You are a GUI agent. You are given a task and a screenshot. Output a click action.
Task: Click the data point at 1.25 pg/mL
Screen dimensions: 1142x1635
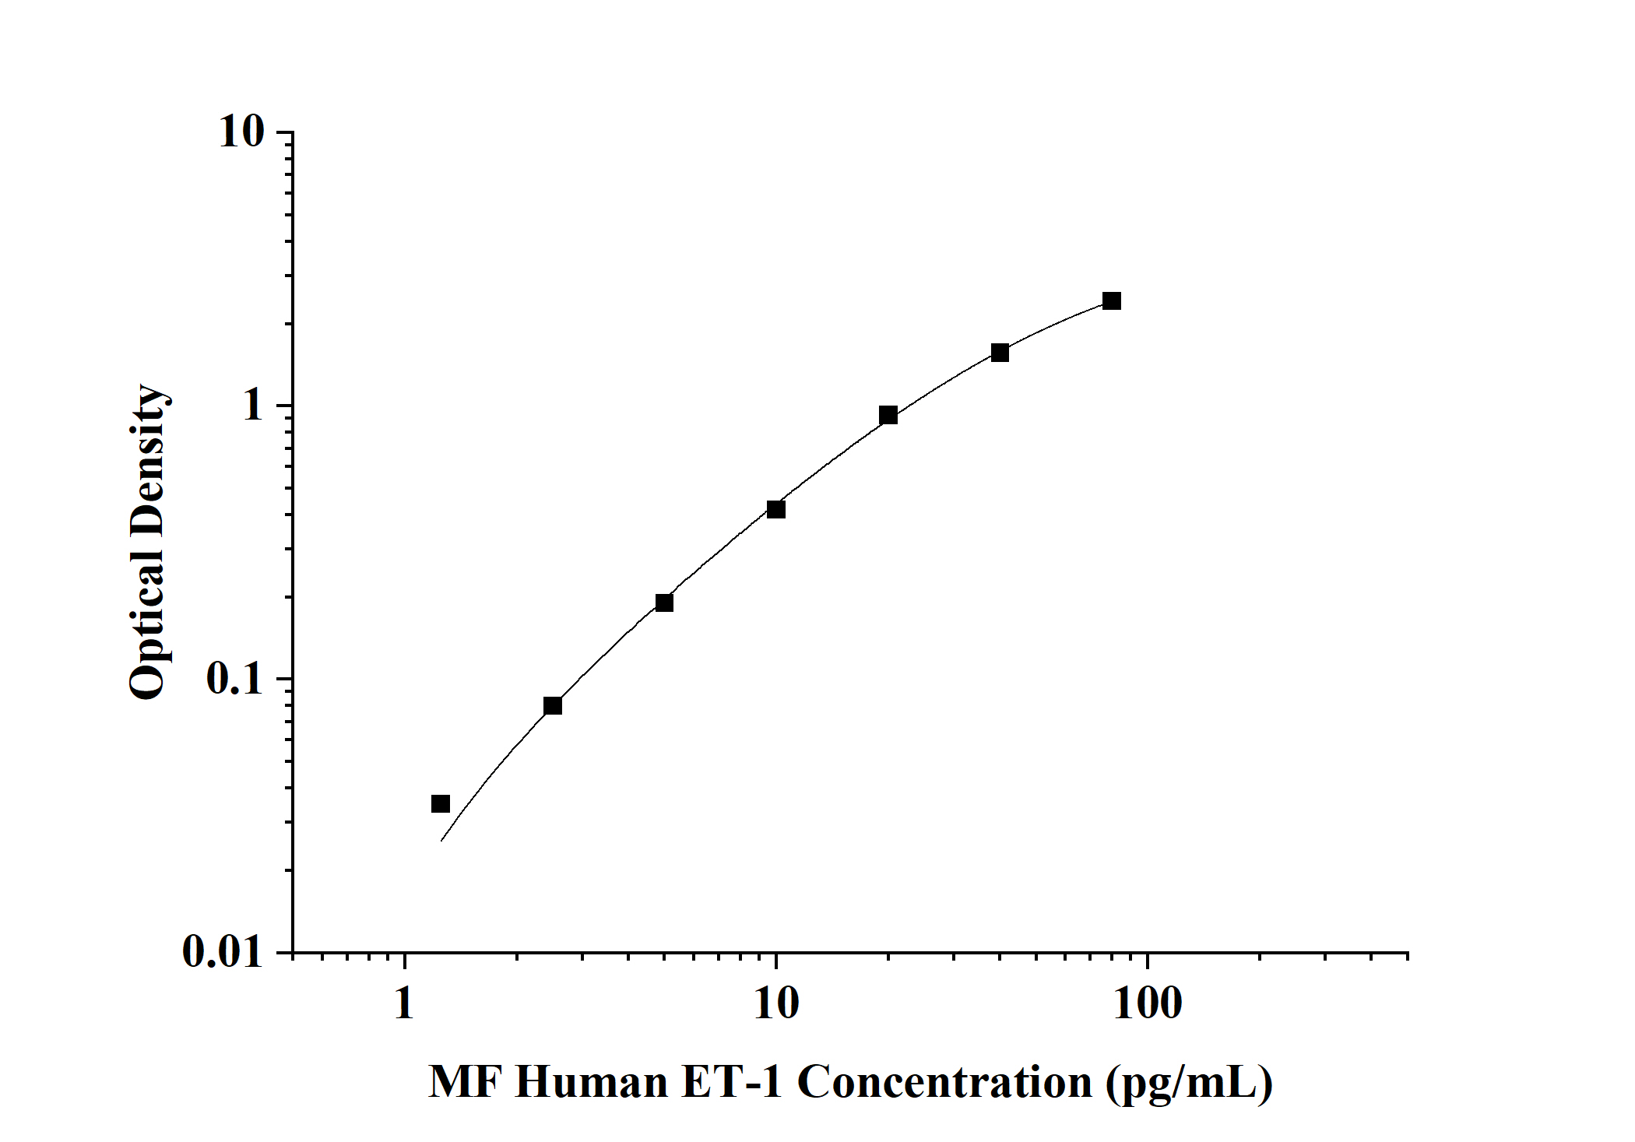tap(441, 803)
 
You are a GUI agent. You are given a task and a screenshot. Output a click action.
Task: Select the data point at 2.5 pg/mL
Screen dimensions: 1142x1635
tap(553, 706)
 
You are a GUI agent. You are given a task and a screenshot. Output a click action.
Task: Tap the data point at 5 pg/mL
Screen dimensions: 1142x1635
tap(664, 603)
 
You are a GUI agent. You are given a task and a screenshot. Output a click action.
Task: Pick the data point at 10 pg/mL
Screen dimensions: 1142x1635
tap(776, 510)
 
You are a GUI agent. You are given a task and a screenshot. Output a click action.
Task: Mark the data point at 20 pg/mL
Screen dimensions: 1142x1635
tap(888, 415)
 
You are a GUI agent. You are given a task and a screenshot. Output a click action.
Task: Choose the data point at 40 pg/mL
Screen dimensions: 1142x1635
tap(1000, 353)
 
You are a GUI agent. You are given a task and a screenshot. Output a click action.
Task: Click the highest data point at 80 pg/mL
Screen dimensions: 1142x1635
tap(1112, 301)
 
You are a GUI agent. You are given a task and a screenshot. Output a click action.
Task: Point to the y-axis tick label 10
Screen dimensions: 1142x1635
tap(241, 132)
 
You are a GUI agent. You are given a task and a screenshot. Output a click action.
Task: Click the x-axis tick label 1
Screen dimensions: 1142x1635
tap(404, 1003)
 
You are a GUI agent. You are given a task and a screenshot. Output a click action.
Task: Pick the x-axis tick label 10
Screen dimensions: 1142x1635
tap(776, 1003)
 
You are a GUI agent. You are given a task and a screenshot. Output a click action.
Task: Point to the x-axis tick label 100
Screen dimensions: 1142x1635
tap(1147, 1003)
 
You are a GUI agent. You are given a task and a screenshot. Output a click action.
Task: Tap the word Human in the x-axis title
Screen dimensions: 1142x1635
tap(592, 1082)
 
